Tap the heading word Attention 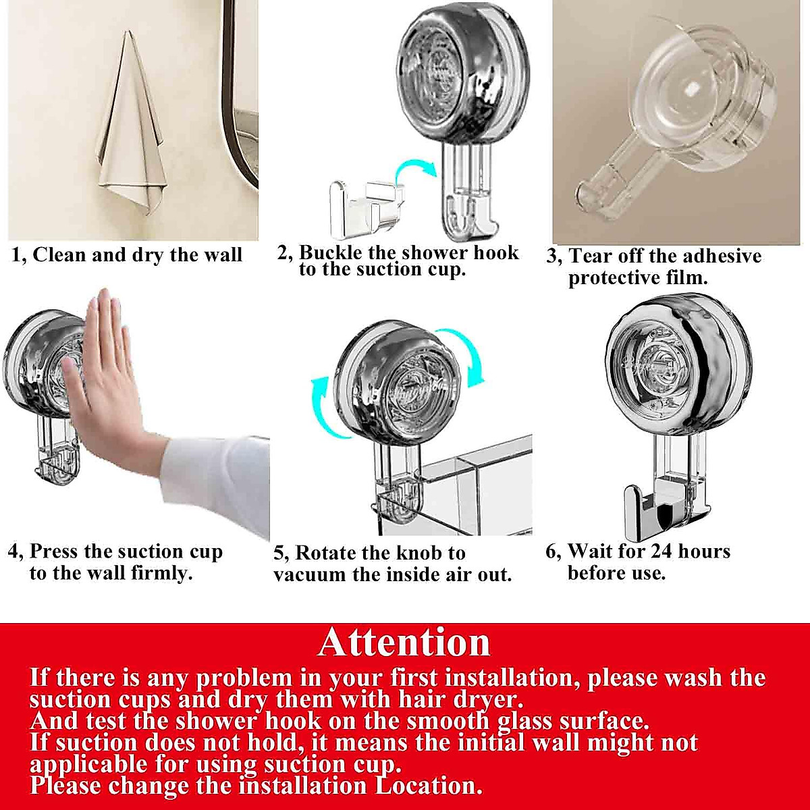[x=404, y=642]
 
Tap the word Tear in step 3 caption [x=590, y=256]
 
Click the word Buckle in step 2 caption [x=332, y=253]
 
